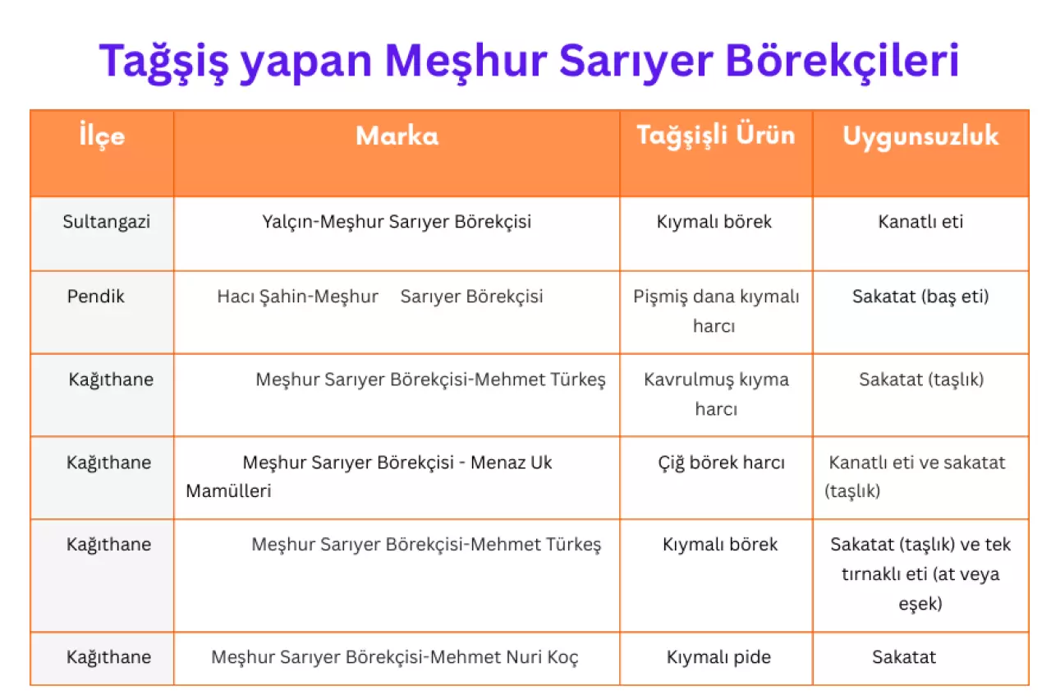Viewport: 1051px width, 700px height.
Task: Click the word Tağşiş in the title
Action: pyautogui.click(x=163, y=61)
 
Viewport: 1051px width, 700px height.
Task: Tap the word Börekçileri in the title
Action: pyautogui.click(x=842, y=61)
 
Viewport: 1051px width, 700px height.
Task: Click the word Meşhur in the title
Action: pyautogui.click(x=466, y=61)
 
